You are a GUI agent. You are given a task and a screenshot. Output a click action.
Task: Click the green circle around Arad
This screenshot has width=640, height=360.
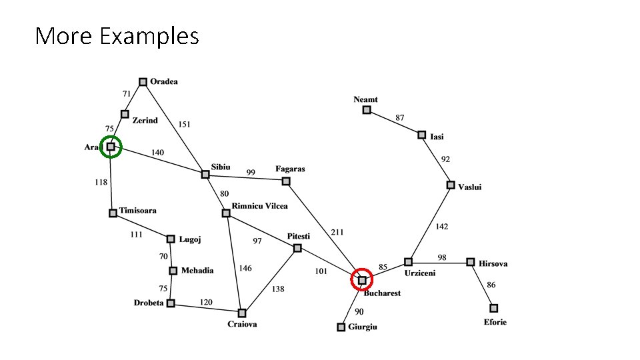coord(111,136)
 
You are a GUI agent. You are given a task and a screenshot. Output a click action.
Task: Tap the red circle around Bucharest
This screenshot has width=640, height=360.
coord(362,269)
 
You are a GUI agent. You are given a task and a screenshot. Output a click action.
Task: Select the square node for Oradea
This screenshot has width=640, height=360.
coord(142,82)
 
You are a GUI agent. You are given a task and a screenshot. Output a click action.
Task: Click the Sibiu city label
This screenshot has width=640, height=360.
coord(221,167)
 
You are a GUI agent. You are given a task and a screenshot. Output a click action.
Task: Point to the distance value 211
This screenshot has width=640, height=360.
coord(338,232)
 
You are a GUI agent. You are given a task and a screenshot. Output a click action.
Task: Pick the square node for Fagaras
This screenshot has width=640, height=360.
coord(286,181)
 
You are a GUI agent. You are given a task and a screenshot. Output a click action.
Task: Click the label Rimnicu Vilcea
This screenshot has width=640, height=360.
coord(259,206)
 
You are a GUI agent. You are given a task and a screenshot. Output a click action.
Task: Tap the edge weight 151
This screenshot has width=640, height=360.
coord(184,124)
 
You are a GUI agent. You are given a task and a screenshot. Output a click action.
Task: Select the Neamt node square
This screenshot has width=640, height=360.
coord(367,109)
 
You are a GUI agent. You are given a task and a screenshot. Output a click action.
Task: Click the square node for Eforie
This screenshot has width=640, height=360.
coord(493,308)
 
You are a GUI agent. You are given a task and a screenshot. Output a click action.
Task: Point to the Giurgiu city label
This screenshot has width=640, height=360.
coord(363,327)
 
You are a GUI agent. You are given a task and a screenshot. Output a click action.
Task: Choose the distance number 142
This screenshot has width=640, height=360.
coord(441,227)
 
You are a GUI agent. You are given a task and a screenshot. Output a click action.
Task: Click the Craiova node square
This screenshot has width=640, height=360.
coord(242,313)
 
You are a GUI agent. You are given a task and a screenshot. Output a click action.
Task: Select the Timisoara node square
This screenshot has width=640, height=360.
coord(113,213)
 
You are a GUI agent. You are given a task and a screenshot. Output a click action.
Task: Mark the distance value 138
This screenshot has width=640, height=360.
coord(277,289)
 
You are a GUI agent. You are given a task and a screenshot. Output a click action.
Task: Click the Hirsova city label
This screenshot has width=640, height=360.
coord(493,263)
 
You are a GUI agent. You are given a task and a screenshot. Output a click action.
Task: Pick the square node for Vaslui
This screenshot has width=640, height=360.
coord(451,185)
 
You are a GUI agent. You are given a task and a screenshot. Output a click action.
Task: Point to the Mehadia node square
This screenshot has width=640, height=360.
coord(173,271)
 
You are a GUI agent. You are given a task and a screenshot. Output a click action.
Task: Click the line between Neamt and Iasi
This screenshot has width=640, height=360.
coord(394,122)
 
